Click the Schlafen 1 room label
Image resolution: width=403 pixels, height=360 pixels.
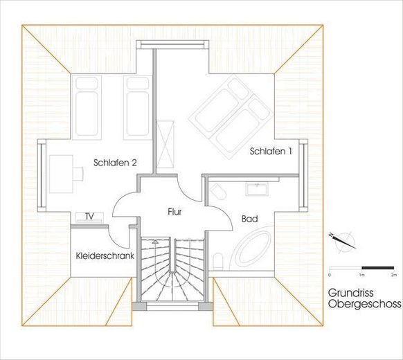coord(271,151)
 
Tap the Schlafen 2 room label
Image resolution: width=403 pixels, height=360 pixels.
coord(115,163)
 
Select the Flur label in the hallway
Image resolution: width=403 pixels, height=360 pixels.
coord(174,212)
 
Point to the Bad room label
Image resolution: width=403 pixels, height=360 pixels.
coord(249,219)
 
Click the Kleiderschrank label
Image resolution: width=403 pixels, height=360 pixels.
coord(105,255)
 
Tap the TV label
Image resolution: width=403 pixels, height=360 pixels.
coord(89,217)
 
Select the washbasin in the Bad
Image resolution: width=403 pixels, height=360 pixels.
coord(257,189)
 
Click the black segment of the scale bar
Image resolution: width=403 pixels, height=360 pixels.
coord(378,268)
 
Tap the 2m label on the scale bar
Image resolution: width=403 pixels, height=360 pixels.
coord(394,275)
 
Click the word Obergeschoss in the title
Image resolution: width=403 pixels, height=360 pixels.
coord(364,304)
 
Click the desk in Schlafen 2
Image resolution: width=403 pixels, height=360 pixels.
coord(61,174)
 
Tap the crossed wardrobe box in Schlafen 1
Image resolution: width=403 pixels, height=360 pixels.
coord(165,144)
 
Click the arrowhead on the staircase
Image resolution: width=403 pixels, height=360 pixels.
coord(154,242)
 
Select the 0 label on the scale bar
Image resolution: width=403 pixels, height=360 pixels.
coord(330,275)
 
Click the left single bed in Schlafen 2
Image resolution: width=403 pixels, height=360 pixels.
coord(87,107)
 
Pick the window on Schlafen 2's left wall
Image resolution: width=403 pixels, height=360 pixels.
coord(41,176)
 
